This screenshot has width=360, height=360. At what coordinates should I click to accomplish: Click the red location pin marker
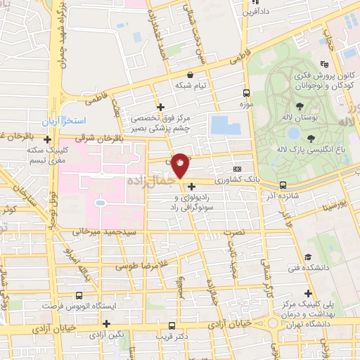[x=181, y=165]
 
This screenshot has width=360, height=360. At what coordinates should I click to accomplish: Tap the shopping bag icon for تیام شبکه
[x=190, y=75]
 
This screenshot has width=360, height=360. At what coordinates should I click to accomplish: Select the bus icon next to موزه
[x=246, y=93]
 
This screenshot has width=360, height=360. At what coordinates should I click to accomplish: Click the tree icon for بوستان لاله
[x=300, y=106]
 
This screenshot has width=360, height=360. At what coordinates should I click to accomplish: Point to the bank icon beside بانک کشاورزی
[x=237, y=169]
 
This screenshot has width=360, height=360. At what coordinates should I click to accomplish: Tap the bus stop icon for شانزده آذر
[x=283, y=186]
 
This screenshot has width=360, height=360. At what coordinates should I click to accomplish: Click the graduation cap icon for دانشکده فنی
[x=307, y=258]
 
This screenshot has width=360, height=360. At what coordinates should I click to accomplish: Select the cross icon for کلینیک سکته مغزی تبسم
[x=47, y=140]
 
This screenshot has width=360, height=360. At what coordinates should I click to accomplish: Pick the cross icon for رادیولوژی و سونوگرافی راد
[x=191, y=186]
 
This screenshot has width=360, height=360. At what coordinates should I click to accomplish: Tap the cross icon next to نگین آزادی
[x=106, y=324]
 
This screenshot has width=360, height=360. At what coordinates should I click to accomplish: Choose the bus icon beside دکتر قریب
[x=172, y=326]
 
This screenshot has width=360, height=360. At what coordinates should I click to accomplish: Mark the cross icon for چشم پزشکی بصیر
[x=161, y=108]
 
